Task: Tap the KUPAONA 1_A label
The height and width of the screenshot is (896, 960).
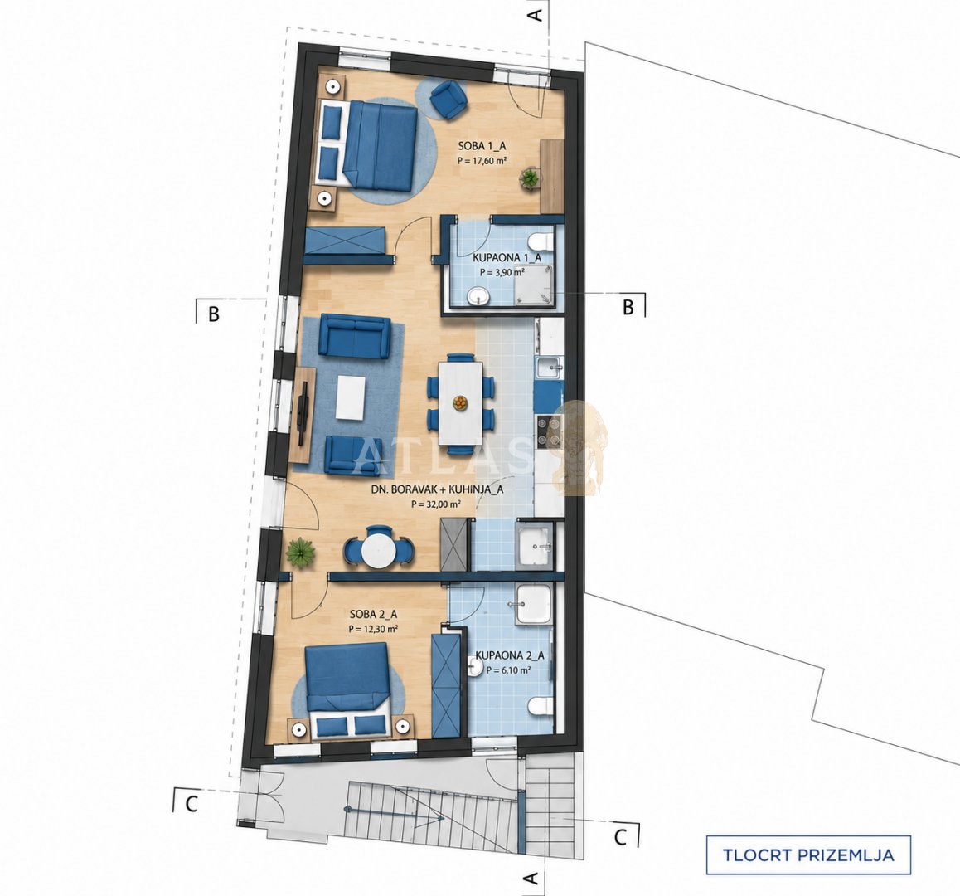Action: pos(507,258)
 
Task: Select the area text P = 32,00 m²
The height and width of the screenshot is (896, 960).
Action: pos(436,504)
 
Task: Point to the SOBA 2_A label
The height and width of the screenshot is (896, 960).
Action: pos(373,613)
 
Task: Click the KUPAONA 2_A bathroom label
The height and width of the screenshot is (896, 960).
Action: pos(510,655)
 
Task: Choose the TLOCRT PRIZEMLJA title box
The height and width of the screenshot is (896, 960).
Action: pos(808,855)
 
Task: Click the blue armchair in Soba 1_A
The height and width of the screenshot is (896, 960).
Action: pos(448,100)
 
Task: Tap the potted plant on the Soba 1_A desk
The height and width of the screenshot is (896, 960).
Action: pos(530,179)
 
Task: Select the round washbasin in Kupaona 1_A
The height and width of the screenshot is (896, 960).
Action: pos(478,297)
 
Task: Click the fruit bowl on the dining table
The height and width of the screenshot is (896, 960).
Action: pos(459,402)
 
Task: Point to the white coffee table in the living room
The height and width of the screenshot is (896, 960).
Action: pos(351,397)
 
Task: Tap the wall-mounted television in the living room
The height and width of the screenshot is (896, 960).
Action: pos(303,412)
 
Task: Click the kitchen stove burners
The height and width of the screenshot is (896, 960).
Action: pos(549,431)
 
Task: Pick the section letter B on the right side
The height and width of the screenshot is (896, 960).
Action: pos(628,307)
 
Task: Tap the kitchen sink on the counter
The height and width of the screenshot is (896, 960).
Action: pos(549,367)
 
